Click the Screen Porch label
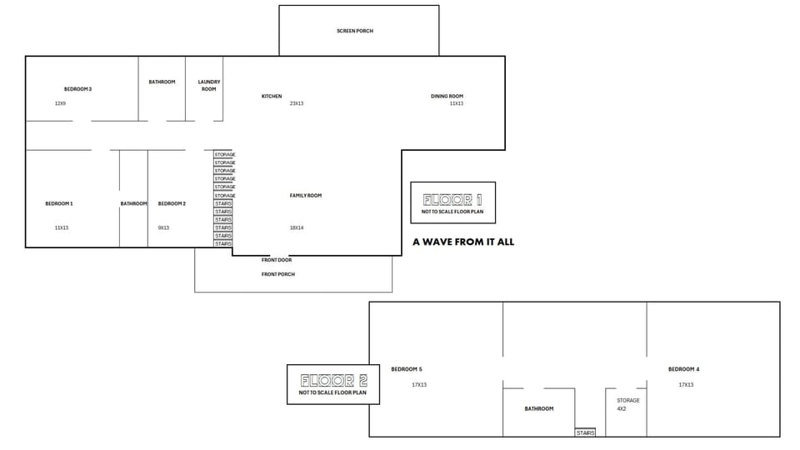tap(355, 31)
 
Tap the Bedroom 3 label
tap(77, 88)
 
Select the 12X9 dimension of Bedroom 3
tap(60, 103)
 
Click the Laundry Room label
tap(208, 85)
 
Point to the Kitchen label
tap(272, 97)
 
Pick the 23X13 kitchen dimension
tap(297, 103)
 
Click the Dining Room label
tap(447, 97)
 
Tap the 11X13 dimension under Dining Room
tap(457, 103)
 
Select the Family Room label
tap(306, 196)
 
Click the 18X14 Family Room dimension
tap(297, 227)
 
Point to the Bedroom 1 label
tap(59, 203)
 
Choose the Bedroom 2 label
tap(172, 203)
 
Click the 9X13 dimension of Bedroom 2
tap(163, 227)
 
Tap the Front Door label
tap(277, 260)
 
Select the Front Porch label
tap(278, 274)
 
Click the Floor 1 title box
tap(452, 202)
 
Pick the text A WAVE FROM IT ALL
tap(463, 242)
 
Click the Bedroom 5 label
tap(407, 369)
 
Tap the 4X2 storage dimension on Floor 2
tap(622, 409)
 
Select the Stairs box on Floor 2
tap(586, 432)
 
